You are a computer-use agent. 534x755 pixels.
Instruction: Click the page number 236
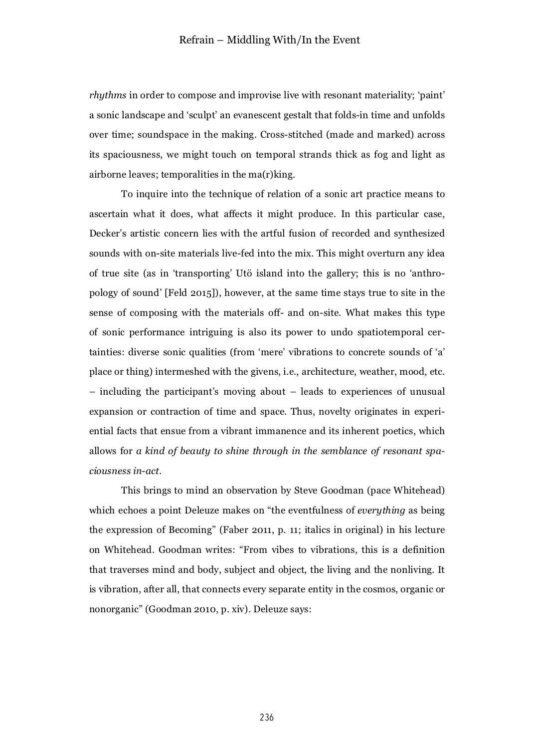click(267, 718)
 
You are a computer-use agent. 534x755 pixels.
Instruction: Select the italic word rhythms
click(107, 95)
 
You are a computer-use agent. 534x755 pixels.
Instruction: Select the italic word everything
click(381, 510)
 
